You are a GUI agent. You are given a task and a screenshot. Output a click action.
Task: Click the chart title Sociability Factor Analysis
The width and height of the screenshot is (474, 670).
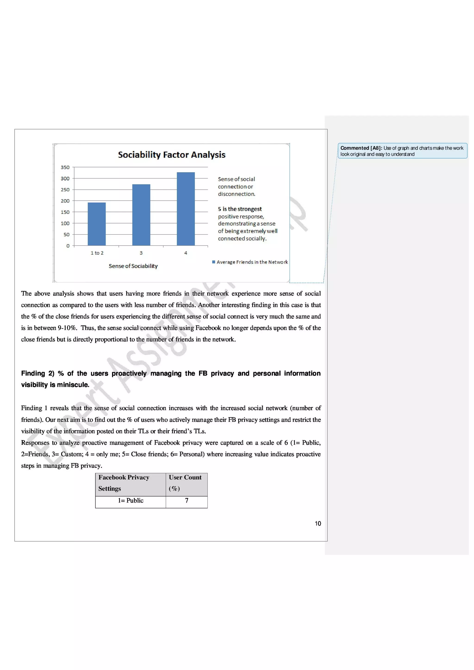point(172,155)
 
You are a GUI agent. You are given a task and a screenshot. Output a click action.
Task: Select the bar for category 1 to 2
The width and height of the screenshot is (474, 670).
point(97,224)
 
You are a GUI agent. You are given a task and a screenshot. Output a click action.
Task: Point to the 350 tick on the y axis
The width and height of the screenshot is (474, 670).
point(65,167)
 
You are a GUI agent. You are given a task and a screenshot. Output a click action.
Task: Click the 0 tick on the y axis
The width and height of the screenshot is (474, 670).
point(68,246)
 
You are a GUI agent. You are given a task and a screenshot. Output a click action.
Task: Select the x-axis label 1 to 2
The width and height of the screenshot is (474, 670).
point(97,253)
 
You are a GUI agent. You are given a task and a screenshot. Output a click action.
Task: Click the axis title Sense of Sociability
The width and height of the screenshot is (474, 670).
point(133,266)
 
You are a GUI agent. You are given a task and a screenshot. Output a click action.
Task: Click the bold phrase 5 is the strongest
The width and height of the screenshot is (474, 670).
point(240,209)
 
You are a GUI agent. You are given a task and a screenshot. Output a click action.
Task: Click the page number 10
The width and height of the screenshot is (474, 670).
point(318,523)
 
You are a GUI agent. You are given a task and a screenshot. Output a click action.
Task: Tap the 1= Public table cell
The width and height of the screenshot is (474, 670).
point(131,501)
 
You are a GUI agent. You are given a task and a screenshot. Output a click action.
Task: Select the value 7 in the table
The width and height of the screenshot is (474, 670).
point(187,501)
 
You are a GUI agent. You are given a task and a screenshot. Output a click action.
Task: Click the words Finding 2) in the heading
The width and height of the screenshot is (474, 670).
point(38,374)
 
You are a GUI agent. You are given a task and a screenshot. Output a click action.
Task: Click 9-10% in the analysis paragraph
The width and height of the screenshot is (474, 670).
point(67,328)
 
